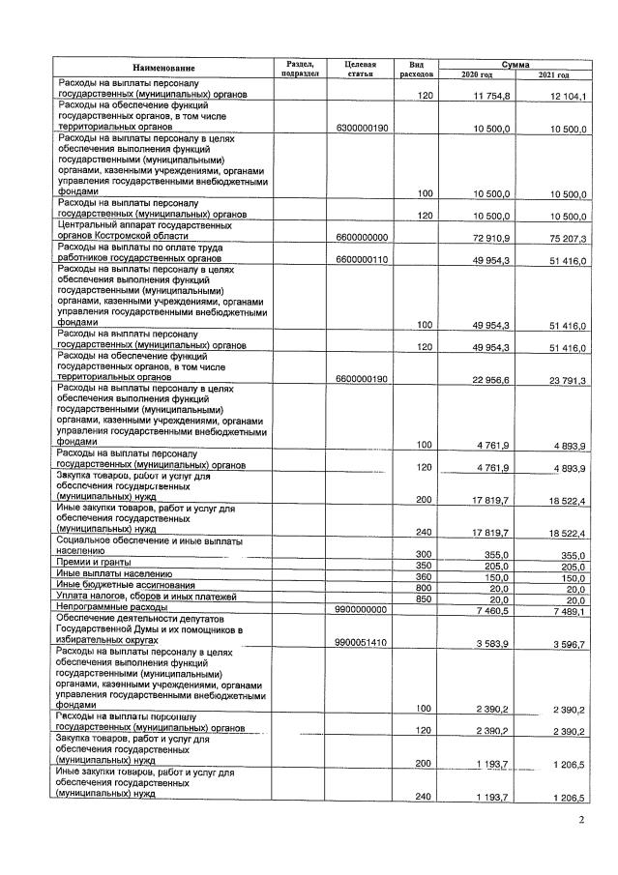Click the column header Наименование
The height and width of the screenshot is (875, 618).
click(x=163, y=68)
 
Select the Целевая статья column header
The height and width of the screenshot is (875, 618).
click(x=360, y=68)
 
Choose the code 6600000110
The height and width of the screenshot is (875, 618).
click(x=361, y=259)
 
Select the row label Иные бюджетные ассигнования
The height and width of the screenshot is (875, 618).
click(x=126, y=585)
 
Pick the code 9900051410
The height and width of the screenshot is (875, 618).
click(x=361, y=642)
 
